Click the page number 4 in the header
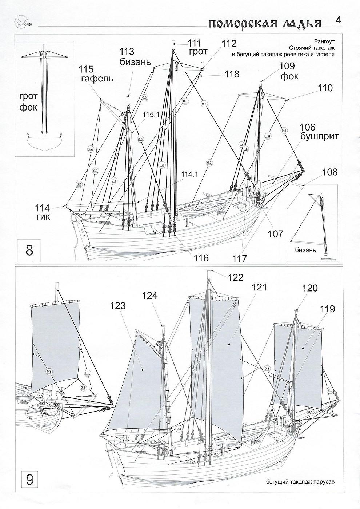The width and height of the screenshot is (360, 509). pos(338,20)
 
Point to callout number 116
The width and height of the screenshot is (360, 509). pos(201,258)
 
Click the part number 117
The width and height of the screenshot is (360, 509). pos(240,259)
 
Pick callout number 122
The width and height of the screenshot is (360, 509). pos(236,277)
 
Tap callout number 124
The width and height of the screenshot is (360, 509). pos(150,296)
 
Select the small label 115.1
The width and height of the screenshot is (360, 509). pos(141,115)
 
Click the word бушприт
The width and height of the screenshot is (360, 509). pos(320,137)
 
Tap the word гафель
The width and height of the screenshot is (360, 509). pos(97,79)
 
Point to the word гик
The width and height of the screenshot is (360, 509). pos(43,217)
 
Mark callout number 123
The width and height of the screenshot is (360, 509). pos(117,306)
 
